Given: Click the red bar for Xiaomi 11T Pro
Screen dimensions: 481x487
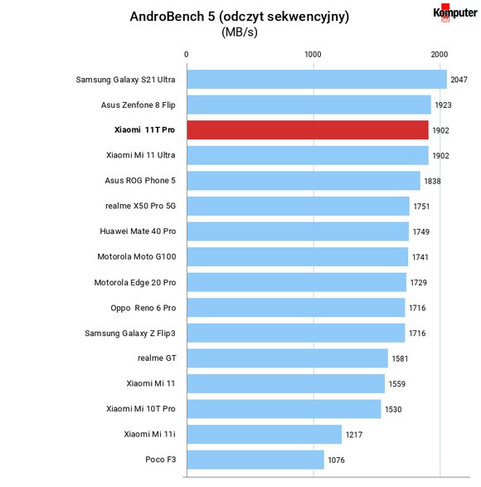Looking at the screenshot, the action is click(x=308, y=130).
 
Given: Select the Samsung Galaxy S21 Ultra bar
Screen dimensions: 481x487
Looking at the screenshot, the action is click(x=317, y=79).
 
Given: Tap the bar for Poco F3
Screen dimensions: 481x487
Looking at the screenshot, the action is click(x=255, y=460).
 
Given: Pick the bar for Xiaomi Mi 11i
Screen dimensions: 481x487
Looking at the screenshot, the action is click(x=265, y=434).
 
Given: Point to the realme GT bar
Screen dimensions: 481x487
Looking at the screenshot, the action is click(x=288, y=358).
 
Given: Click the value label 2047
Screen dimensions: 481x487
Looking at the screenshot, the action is click(x=459, y=80).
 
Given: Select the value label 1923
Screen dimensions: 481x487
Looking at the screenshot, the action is click(x=443, y=105).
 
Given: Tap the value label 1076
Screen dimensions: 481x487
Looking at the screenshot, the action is click(x=337, y=460).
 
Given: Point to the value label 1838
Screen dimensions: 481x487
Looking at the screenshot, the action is click(x=432, y=181).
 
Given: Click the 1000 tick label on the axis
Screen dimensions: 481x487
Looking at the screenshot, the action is click(x=313, y=55).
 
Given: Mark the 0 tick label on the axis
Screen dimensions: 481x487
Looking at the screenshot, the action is click(x=187, y=55).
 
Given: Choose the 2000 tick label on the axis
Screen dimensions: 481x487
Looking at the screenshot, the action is click(x=440, y=55).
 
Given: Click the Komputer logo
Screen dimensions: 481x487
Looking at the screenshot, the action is click(x=455, y=12).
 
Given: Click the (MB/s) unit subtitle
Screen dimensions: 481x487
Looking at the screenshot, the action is click(x=240, y=32).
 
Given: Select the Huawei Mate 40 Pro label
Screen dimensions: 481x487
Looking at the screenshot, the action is click(x=138, y=231).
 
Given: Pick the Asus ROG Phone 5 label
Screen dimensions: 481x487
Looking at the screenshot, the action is click(x=140, y=181).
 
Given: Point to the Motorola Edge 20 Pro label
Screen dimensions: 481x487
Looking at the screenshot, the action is click(x=135, y=283).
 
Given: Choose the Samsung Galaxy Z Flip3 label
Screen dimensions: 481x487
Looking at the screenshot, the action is click(x=130, y=334).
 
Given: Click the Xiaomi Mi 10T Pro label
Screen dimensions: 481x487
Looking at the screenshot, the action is click(x=141, y=409).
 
